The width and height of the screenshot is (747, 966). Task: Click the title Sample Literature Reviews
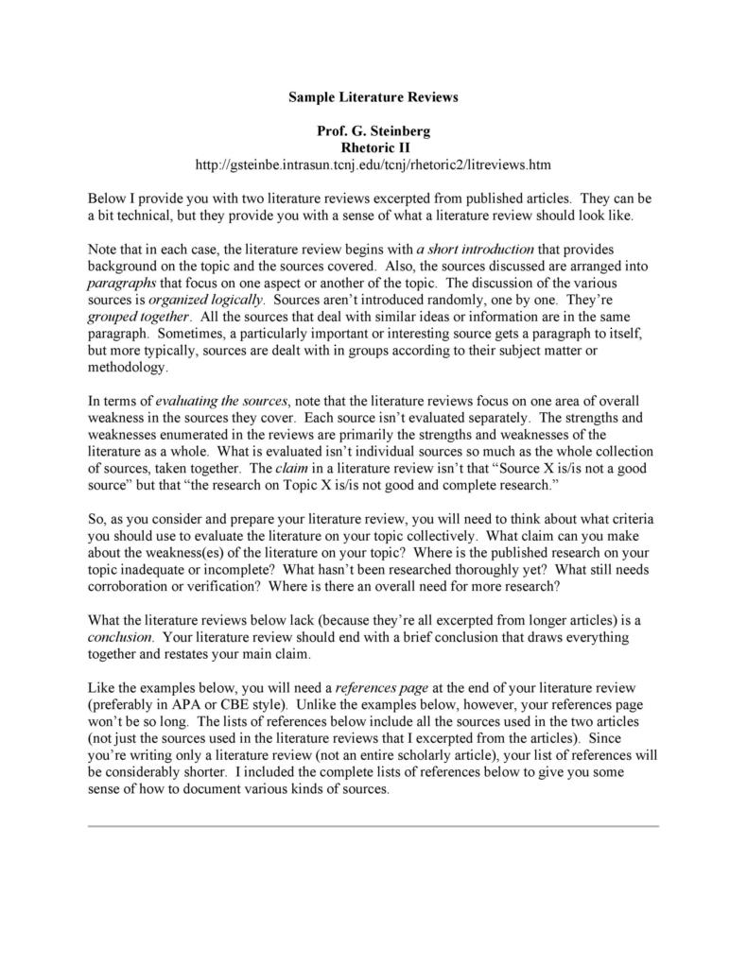tap(373, 97)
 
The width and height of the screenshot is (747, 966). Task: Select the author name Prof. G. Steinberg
tap(373, 131)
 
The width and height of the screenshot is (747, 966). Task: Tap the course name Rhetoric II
tap(373, 147)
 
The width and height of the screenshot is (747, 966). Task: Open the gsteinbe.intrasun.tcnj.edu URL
tap(373, 165)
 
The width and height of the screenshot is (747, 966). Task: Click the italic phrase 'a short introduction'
tap(476, 250)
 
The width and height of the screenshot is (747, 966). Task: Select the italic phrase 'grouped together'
tap(139, 318)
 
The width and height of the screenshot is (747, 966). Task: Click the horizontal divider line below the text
tap(373, 825)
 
